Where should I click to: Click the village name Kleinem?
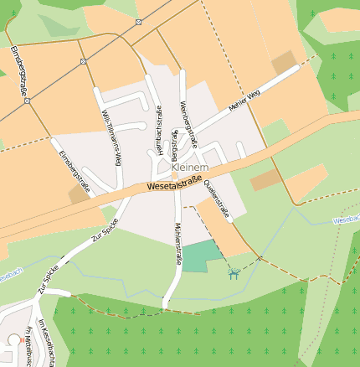[189, 168]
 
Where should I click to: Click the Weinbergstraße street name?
[188, 124]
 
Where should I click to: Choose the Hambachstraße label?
[158, 127]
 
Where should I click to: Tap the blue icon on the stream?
[234, 272]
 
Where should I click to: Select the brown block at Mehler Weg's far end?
[284, 62]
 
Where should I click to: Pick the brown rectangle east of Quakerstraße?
[264, 179]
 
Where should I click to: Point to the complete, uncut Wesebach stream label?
[346, 219]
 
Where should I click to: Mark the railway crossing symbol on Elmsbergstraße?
[27, 100]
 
